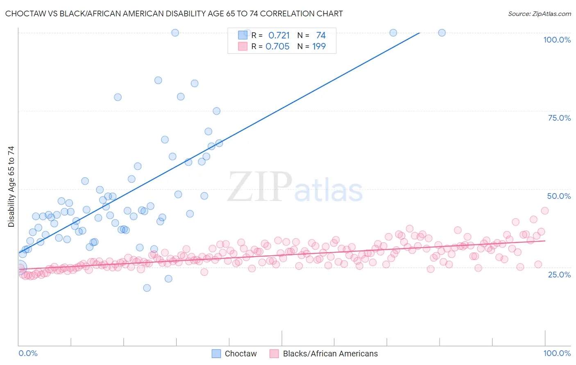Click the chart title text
pyautogui.click(x=174, y=14)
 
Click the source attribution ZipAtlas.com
pyautogui.click(x=539, y=14)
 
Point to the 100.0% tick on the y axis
pyautogui.click(x=557, y=40)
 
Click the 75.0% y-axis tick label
pyautogui.click(x=559, y=118)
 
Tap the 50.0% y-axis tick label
pyautogui.click(x=559, y=196)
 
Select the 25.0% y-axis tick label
pyautogui.click(x=559, y=274)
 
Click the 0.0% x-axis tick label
pyautogui.click(x=28, y=353)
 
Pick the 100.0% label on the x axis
pyautogui.click(x=557, y=353)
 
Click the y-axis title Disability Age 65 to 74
pyautogui.click(x=11, y=187)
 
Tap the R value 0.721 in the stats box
pyautogui.click(x=279, y=36)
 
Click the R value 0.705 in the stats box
pyautogui.click(x=277, y=47)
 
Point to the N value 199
pyautogui.click(x=319, y=47)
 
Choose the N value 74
pyautogui.click(x=321, y=36)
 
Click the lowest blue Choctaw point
pyautogui.click(x=147, y=288)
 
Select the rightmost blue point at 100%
pyautogui.click(x=442, y=33)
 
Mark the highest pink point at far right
pyautogui.click(x=544, y=211)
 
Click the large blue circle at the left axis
pyautogui.click(x=19, y=267)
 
